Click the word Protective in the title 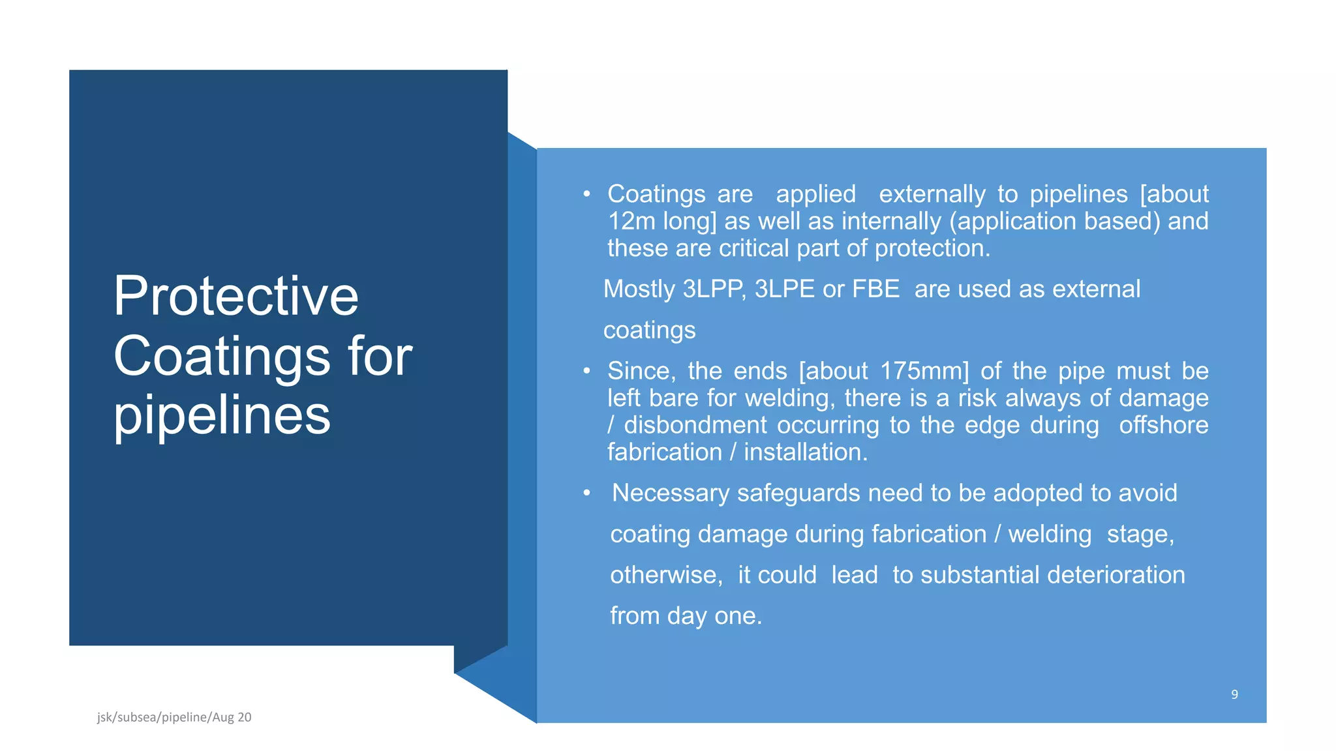[235, 296]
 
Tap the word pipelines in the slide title [222, 415]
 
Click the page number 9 [1234, 694]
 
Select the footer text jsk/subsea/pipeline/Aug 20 [174, 717]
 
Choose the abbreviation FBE [875, 289]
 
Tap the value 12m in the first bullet [631, 221]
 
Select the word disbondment [695, 425]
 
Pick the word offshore [1163, 425]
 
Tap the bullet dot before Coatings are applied [586, 194]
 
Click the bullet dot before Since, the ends [586, 371]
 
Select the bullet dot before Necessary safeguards [586, 493]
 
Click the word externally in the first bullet [932, 194]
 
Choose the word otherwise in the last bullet [665, 575]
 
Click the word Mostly [639, 289]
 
